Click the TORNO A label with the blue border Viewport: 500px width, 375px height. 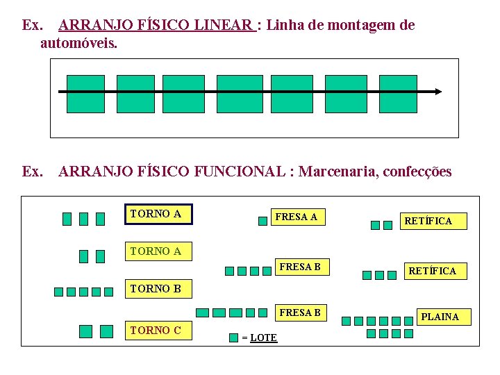[158, 215]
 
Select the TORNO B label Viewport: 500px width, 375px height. [156, 288]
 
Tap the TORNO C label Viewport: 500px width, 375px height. [156, 331]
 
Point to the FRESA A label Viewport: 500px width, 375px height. [297, 217]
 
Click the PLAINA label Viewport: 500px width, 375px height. [440, 317]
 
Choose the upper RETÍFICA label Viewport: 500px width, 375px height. [428, 221]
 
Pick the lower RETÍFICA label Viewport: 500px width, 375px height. [432, 271]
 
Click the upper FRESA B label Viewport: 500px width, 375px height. [299, 267]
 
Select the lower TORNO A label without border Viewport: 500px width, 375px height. [156, 251]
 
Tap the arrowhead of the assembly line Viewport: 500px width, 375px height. [438, 91]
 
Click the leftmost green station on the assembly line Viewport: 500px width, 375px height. [85, 94]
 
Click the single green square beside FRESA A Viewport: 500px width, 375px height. [262, 221]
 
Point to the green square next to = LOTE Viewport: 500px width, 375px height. [234, 337]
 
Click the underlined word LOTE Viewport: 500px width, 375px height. [263, 337]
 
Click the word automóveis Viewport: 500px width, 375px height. [78, 43]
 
